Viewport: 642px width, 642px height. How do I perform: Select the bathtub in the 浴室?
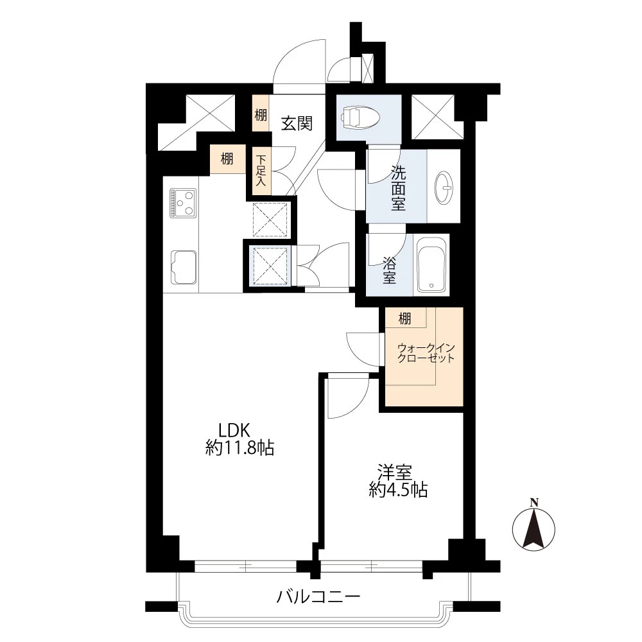pos(431,265)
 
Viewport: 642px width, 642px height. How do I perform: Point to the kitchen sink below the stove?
pos(184,267)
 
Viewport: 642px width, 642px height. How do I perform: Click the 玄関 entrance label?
pos(297,123)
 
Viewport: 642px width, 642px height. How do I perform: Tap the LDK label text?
pos(234,430)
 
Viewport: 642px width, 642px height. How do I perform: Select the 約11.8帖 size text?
pos(239,448)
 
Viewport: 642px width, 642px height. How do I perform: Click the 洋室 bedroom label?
pos(395,473)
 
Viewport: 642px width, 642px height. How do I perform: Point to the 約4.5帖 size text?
pos(398,490)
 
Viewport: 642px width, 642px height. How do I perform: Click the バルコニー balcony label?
pos(318,596)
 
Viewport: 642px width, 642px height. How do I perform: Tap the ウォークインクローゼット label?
pos(426,353)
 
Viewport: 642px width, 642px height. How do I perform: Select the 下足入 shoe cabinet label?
pos(261,170)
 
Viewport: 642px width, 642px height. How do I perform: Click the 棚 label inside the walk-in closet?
pos(404,318)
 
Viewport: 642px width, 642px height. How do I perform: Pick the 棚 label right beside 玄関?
pos(261,115)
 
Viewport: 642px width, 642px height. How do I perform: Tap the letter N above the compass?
pos(534,503)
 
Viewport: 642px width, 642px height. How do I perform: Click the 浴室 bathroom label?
pos(390,270)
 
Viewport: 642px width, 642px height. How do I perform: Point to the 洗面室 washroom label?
pos(398,188)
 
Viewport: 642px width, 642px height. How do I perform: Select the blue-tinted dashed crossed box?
pos(270,266)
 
